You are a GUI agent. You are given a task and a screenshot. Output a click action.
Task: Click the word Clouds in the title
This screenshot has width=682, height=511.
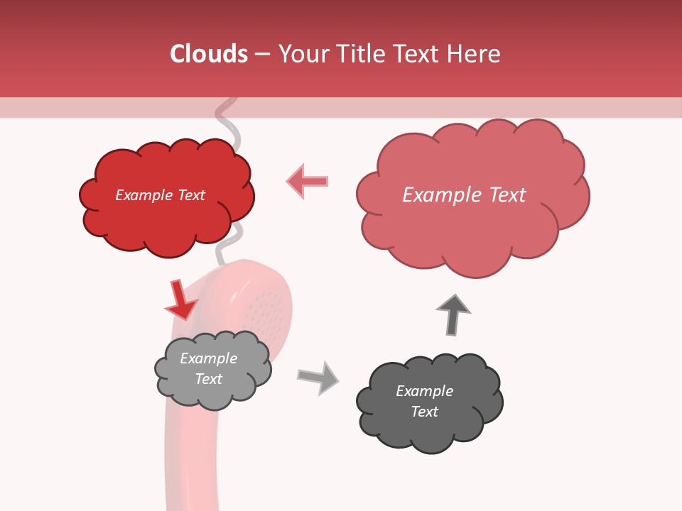point(209,54)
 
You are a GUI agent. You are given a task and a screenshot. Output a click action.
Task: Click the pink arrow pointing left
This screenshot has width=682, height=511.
point(308,181)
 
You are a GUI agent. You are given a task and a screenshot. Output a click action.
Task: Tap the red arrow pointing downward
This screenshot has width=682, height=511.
point(180,300)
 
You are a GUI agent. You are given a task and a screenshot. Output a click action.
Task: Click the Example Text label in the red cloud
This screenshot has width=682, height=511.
point(160,195)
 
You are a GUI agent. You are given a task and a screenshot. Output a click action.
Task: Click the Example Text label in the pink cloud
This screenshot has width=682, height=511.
point(464,195)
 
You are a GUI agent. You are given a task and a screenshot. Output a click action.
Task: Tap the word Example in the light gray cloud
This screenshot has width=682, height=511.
point(208,358)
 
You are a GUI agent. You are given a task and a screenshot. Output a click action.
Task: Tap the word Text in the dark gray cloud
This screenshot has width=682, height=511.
point(424,412)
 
